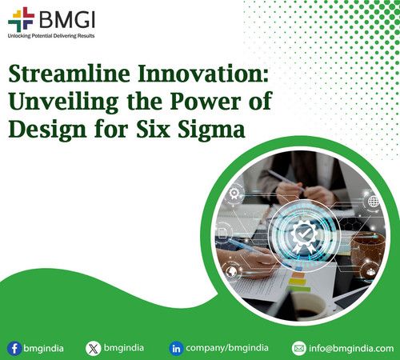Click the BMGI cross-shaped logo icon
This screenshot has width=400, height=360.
(18, 18)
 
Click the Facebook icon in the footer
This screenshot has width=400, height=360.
(14, 348)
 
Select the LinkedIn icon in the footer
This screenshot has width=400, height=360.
(176, 348)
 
